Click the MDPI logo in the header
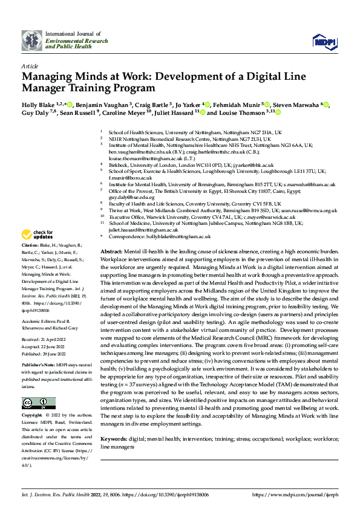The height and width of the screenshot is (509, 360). (x=321, y=41)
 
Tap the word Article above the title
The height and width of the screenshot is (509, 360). (x=29, y=66)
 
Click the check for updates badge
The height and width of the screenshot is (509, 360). (x=38, y=234)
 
